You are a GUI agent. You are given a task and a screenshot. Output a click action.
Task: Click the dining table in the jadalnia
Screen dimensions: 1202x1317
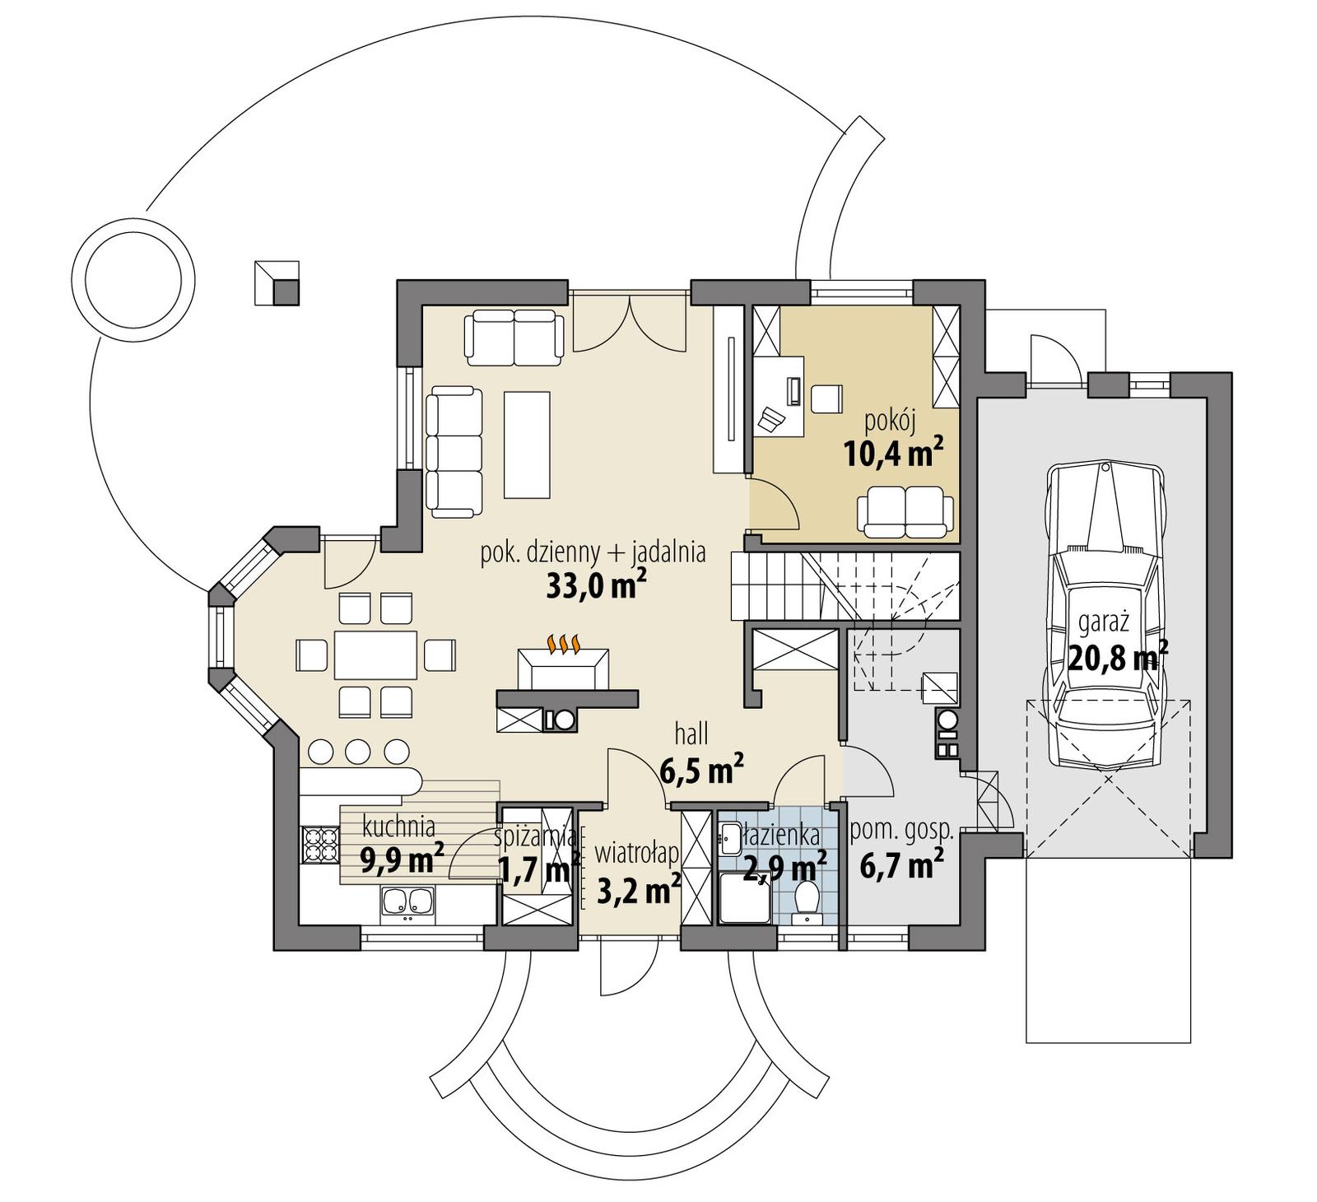pyautogui.click(x=375, y=655)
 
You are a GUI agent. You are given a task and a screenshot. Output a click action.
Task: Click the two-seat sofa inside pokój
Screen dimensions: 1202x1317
pyautogui.click(x=906, y=510)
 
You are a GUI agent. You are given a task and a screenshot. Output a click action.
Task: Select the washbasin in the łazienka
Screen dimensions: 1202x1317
pyautogui.click(x=729, y=838)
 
